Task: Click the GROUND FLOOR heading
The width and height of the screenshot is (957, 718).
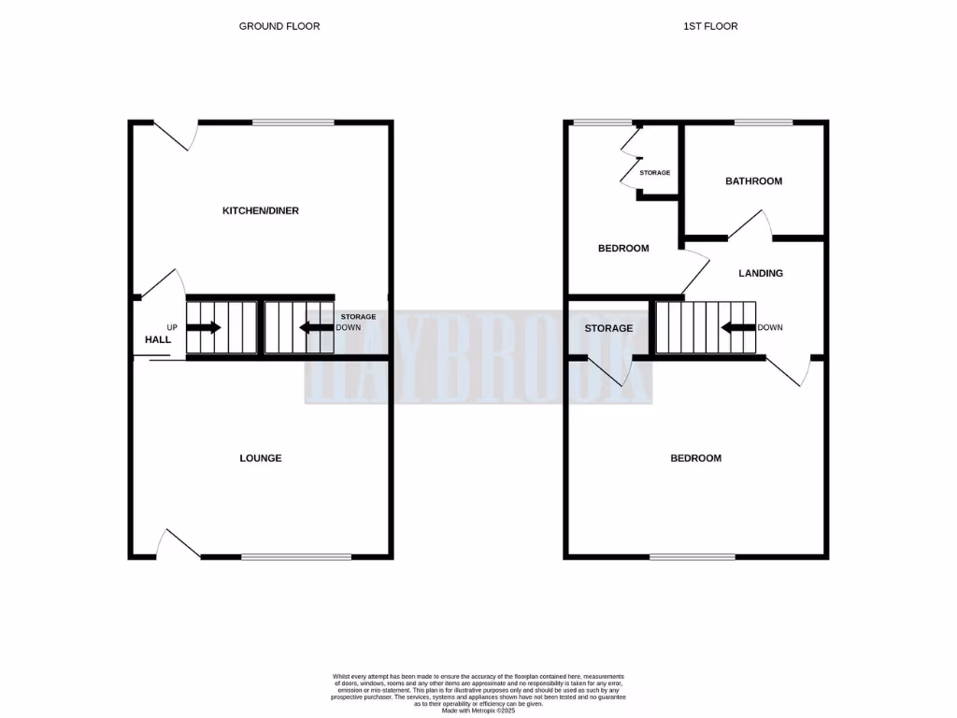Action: (279, 26)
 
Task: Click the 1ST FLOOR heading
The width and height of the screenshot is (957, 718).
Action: (710, 26)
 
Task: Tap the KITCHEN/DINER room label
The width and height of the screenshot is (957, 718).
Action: (260, 211)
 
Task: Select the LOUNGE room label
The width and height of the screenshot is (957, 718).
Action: (261, 458)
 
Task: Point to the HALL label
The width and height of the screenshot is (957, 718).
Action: (158, 340)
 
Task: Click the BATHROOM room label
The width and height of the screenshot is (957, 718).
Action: (753, 181)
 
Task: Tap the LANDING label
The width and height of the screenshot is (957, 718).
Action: (761, 274)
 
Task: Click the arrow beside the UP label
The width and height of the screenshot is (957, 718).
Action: (204, 328)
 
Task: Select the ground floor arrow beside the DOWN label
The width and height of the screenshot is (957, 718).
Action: (316, 328)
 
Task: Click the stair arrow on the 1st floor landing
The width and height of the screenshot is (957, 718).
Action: (738, 328)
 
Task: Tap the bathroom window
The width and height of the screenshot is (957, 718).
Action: (764, 122)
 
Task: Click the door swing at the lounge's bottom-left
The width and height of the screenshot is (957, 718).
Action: (178, 544)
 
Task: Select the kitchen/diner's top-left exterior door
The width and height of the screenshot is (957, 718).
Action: (177, 136)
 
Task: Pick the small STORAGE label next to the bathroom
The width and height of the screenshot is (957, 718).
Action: (655, 173)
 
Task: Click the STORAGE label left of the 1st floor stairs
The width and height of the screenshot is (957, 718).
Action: (608, 328)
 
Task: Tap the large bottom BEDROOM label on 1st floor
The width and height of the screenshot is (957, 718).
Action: (696, 458)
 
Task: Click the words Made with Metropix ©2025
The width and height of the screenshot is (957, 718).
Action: (478, 711)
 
